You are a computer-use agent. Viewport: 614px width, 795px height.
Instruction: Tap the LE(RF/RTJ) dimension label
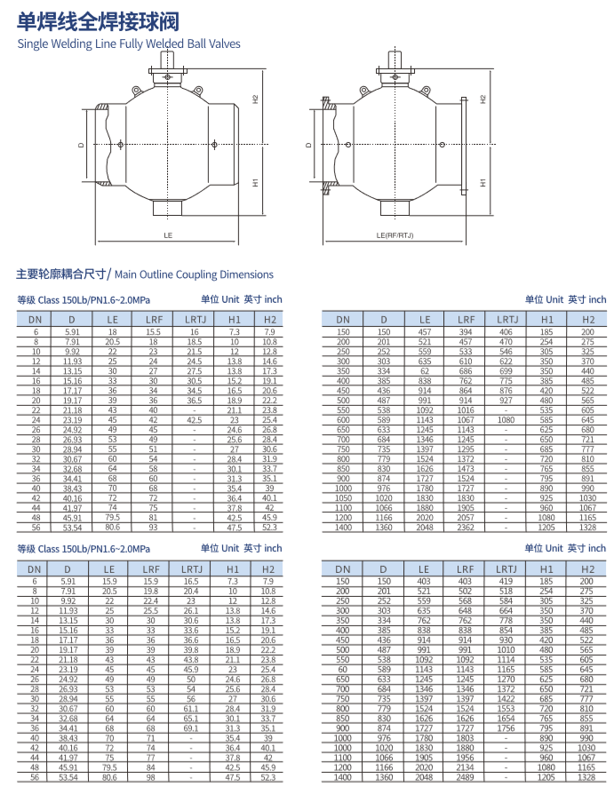[x=395, y=235]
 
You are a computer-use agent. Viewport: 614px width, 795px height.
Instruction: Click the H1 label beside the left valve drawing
[x=255, y=182]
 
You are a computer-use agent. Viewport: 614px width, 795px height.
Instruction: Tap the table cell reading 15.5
[x=153, y=331]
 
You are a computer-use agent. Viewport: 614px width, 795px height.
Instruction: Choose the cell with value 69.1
[x=191, y=728]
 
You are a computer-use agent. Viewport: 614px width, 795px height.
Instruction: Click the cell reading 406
[x=506, y=331]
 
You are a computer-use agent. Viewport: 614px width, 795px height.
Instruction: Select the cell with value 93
[x=153, y=527]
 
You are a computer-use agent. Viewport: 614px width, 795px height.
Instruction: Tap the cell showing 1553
[x=506, y=709]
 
